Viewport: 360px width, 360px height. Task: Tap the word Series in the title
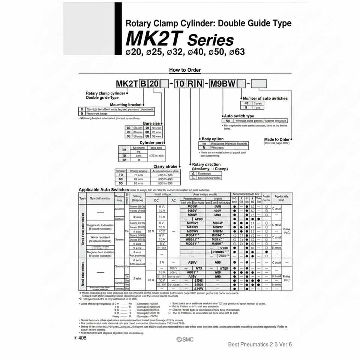pos(210,40)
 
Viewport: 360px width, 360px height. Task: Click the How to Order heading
pos(185,70)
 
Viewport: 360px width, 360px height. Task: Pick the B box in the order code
pos(143,84)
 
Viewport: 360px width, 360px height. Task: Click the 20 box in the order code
pos(154,84)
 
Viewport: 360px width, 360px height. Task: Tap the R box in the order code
pos(190,84)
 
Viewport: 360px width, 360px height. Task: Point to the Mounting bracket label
pos(126,105)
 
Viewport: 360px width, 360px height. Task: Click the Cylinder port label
pos(151,143)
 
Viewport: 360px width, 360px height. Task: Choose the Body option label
pos(213,139)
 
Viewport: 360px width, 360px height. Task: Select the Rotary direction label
pos(206,164)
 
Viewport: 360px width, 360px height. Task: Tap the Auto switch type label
pos(239,116)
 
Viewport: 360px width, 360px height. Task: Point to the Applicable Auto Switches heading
pos(103,190)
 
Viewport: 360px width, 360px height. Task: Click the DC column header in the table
pos(157,201)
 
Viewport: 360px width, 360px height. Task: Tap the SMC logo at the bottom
pos(185,339)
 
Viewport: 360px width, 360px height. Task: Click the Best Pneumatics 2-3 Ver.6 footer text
pos(260,344)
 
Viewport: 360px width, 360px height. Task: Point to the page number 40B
pos(81,338)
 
